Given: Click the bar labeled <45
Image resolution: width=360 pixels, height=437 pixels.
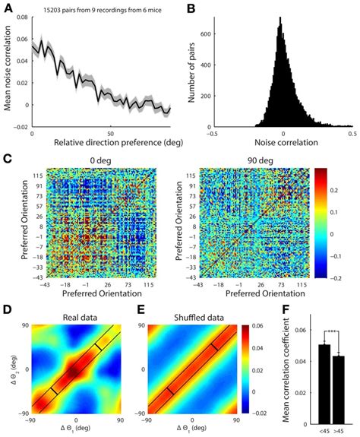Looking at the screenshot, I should pos(324,384).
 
